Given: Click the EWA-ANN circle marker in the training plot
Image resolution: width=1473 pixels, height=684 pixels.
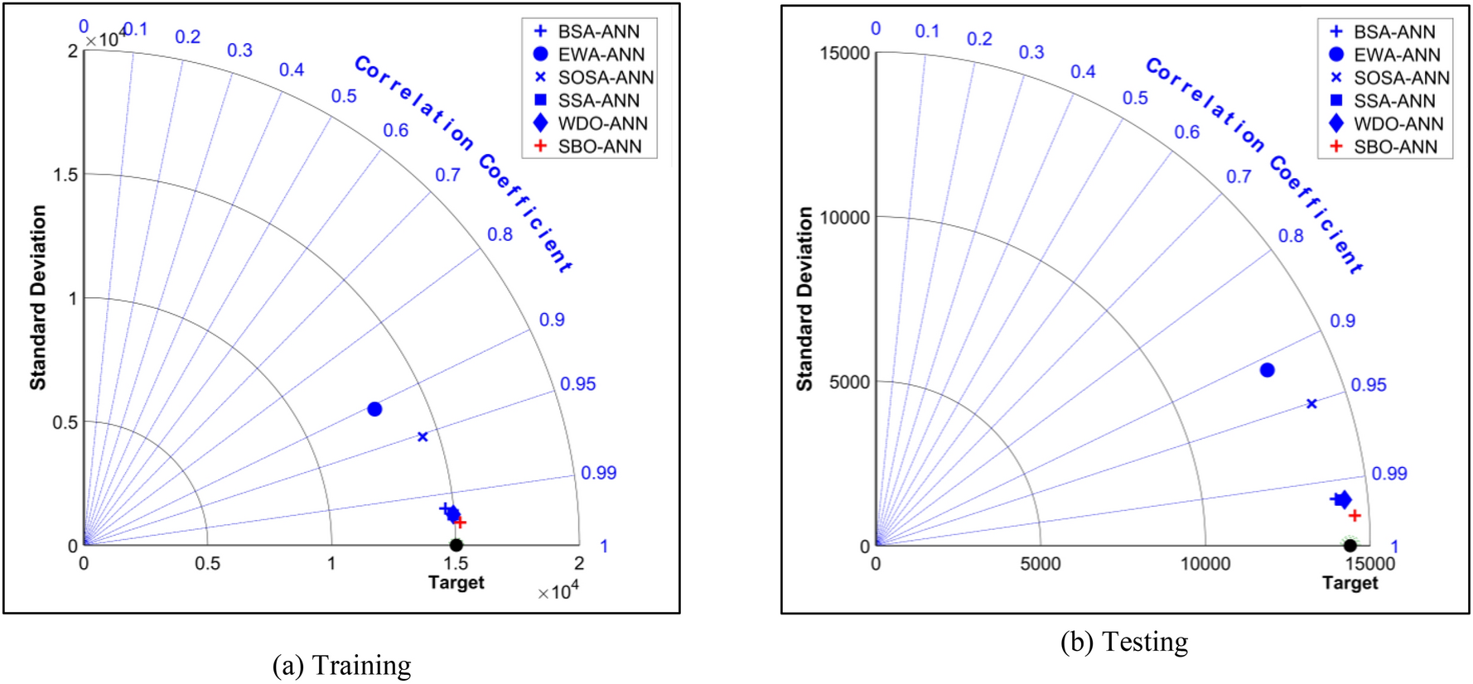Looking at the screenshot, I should coord(374,409).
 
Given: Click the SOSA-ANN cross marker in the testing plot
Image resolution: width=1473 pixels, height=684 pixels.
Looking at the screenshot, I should coord(1311,404).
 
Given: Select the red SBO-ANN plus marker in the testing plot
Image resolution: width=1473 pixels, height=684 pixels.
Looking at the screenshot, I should coord(1355,515).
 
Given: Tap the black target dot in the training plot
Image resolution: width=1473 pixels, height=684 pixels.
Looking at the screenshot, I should coord(456,545).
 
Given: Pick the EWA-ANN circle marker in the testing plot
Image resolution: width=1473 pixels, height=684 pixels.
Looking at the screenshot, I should coord(1267,370).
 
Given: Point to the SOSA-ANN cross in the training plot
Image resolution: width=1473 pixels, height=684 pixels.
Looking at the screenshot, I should coord(423,436).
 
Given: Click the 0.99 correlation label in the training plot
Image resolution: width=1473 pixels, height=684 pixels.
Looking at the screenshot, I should coord(598,473).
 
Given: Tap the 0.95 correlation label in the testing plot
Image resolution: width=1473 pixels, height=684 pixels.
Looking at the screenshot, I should coord(1368,385).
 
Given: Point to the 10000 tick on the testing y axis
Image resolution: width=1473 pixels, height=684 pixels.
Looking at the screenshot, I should coord(844,218).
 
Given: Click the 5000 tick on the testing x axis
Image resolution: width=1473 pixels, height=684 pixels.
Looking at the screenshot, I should coord(1040,564).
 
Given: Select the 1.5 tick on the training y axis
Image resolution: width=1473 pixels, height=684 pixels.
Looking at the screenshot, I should coord(65,175).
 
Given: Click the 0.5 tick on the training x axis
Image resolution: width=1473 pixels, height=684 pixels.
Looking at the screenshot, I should coord(207,564).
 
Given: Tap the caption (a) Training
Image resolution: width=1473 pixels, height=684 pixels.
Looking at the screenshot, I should coord(341,665).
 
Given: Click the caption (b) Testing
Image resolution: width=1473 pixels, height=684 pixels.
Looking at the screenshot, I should coord(1124,642).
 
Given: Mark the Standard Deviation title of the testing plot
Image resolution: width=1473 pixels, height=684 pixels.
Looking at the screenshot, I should coord(804,298).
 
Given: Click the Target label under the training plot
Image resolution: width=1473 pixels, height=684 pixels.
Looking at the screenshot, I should coord(456,582).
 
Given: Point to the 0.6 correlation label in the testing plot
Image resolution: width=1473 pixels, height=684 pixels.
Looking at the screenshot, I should coord(1186,132).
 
